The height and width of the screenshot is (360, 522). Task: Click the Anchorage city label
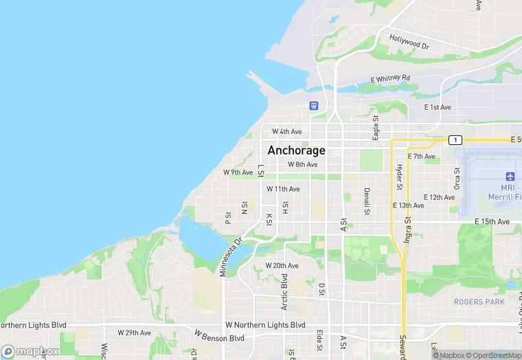(x=296, y=150)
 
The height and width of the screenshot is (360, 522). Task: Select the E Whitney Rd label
(x=389, y=78)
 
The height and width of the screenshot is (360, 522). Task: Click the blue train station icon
(x=314, y=105)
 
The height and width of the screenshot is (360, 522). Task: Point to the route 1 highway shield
(x=455, y=139)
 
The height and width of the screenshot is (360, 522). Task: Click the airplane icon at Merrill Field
(x=510, y=177)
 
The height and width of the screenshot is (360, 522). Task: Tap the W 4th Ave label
(x=286, y=131)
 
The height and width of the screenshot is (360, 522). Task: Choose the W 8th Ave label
(x=302, y=164)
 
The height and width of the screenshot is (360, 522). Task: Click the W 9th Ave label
(x=238, y=172)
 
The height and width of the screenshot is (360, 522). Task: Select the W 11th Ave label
(x=283, y=189)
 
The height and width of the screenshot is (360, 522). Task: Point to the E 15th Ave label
(x=492, y=222)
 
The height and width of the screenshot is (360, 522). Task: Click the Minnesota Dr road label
(x=231, y=257)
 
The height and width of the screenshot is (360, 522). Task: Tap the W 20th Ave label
(x=282, y=266)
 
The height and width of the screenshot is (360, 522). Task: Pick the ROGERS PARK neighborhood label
(x=479, y=302)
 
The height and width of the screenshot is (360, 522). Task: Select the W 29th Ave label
(x=134, y=333)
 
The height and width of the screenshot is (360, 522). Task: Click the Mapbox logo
(x=30, y=351)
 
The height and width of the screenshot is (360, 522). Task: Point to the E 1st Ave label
(x=438, y=107)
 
